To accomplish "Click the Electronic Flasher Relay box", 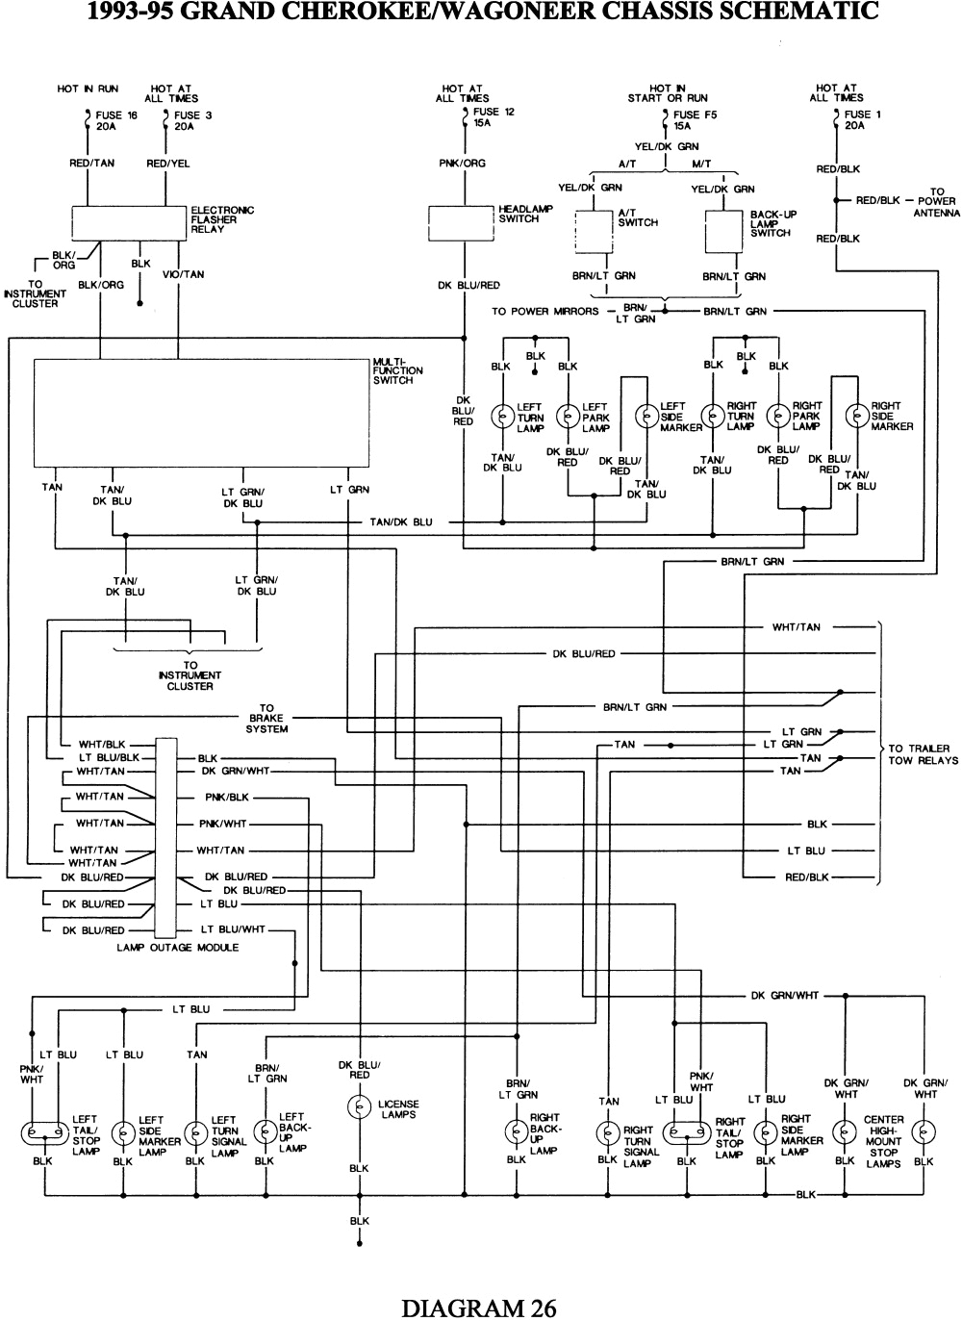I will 130,222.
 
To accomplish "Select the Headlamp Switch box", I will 461,222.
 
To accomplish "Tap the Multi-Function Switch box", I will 201,412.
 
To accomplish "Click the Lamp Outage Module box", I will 165,837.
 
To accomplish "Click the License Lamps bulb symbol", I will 359,1108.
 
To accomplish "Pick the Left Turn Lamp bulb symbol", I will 502,416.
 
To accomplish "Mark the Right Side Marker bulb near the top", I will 855,416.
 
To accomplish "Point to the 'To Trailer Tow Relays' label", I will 923,754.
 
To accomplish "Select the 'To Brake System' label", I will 266,719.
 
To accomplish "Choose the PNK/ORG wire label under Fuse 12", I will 463,164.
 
